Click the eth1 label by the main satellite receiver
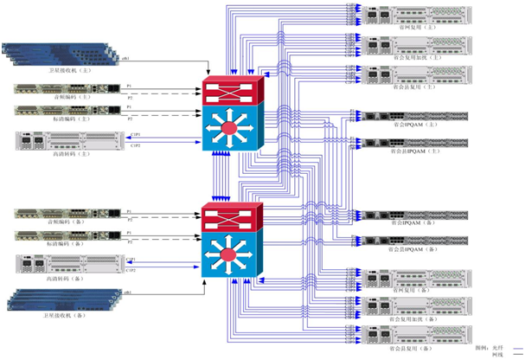coord(126,58)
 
